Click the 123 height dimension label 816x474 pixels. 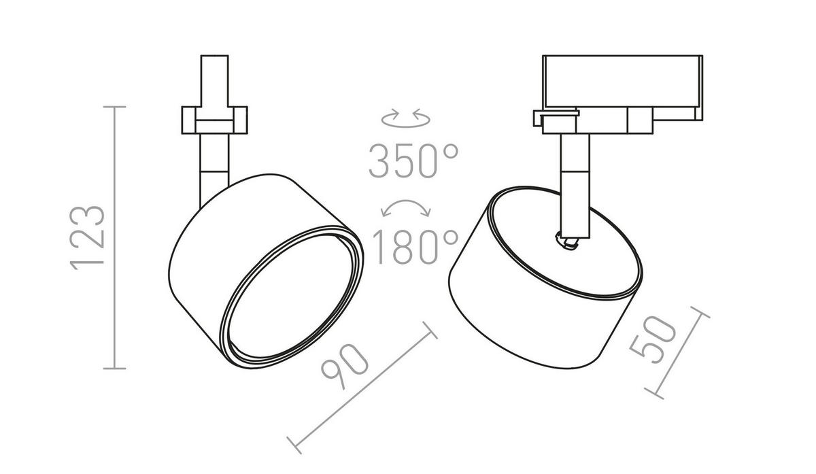87,238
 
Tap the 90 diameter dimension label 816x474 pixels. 345,365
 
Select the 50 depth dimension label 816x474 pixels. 652,339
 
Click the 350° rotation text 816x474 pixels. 413,160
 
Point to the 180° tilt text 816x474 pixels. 415,247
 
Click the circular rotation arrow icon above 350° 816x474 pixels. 406,118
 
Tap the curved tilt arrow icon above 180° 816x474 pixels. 406,208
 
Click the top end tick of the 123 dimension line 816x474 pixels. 115,107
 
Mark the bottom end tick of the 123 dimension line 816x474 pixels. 115,369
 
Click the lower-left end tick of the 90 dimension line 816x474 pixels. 294,445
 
